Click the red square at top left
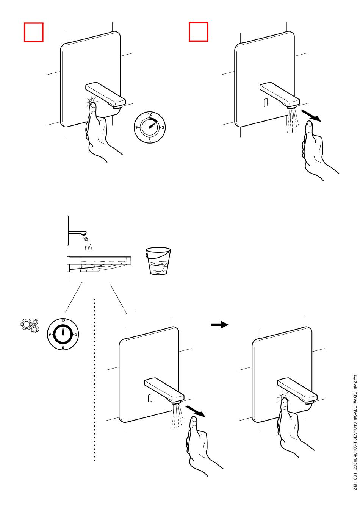(34, 32)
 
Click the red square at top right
(199, 32)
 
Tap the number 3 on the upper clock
(163, 128)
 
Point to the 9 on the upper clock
(137, 128)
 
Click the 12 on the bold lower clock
(63, 321)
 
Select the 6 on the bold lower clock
(63, 347)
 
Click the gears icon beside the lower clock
(30, 325)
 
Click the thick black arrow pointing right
(219, 325)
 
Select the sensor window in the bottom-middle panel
(150, 398)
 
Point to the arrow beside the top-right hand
(311, 116)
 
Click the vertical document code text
(355, 438)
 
